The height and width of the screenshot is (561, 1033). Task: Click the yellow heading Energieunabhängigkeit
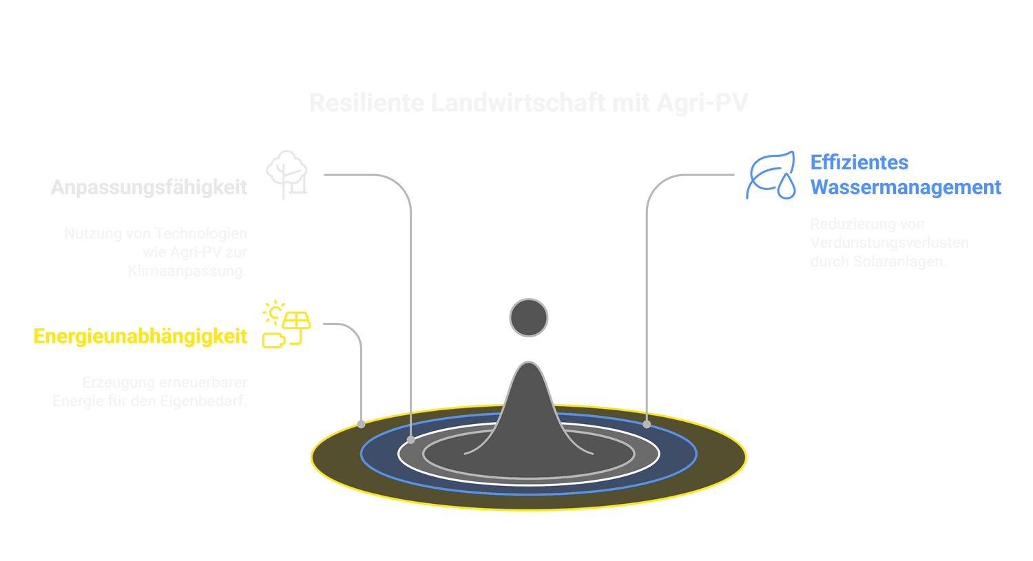(x=140, y=337)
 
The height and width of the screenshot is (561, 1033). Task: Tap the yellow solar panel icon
(x=285, y=324)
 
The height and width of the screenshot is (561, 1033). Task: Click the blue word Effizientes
(x=859, y=162)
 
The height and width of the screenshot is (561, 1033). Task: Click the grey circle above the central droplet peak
(x=528, y=318)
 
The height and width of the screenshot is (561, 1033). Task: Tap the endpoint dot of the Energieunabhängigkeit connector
(x=361, y=424)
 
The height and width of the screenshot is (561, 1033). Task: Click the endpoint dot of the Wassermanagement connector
(x=647, y=424)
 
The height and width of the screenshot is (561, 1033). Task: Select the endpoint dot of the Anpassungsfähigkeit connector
(x=411, y=439)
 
